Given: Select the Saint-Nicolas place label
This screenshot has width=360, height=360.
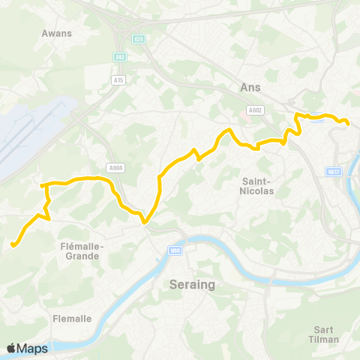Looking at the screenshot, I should click(258, 185).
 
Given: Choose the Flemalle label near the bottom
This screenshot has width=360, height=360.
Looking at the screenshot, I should click(72, 318).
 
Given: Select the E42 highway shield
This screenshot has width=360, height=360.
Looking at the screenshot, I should click(120, 57).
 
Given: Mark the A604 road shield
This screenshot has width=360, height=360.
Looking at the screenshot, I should click(114, 168).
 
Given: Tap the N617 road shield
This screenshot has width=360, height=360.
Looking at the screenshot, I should click(334, 172).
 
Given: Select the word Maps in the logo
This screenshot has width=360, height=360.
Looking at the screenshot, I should click(34, 348).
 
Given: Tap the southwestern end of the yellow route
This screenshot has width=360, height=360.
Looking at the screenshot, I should click(12, 244).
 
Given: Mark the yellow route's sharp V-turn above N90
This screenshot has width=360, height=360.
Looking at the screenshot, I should click(145, 221).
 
